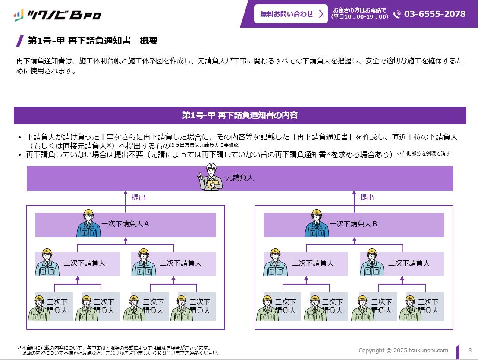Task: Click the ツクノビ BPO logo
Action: (57, 15)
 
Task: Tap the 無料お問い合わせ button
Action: (291, 14)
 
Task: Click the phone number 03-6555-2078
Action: (435, 14)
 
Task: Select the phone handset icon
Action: (397, 14)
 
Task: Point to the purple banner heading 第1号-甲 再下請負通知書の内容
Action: (240, 115)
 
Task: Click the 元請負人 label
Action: (239, 178)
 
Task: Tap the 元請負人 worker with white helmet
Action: (211, 177)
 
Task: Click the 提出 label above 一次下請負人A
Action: (138, 197)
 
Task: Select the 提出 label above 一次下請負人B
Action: (367, 197)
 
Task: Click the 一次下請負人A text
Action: (125, 224)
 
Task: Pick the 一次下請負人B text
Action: (353, 224)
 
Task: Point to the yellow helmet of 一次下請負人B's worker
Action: (317, 212)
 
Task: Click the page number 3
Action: (470, 350)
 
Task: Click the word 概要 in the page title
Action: (149, 41)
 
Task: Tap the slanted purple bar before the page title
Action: (20, 41)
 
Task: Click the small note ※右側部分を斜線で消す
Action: (424, 153)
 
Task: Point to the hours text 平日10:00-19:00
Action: (360, 17)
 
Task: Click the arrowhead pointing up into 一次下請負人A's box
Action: (126, 240)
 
